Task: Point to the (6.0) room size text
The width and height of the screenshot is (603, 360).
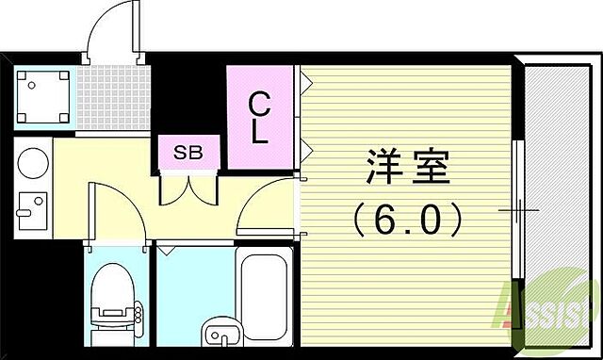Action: (407, 221)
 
